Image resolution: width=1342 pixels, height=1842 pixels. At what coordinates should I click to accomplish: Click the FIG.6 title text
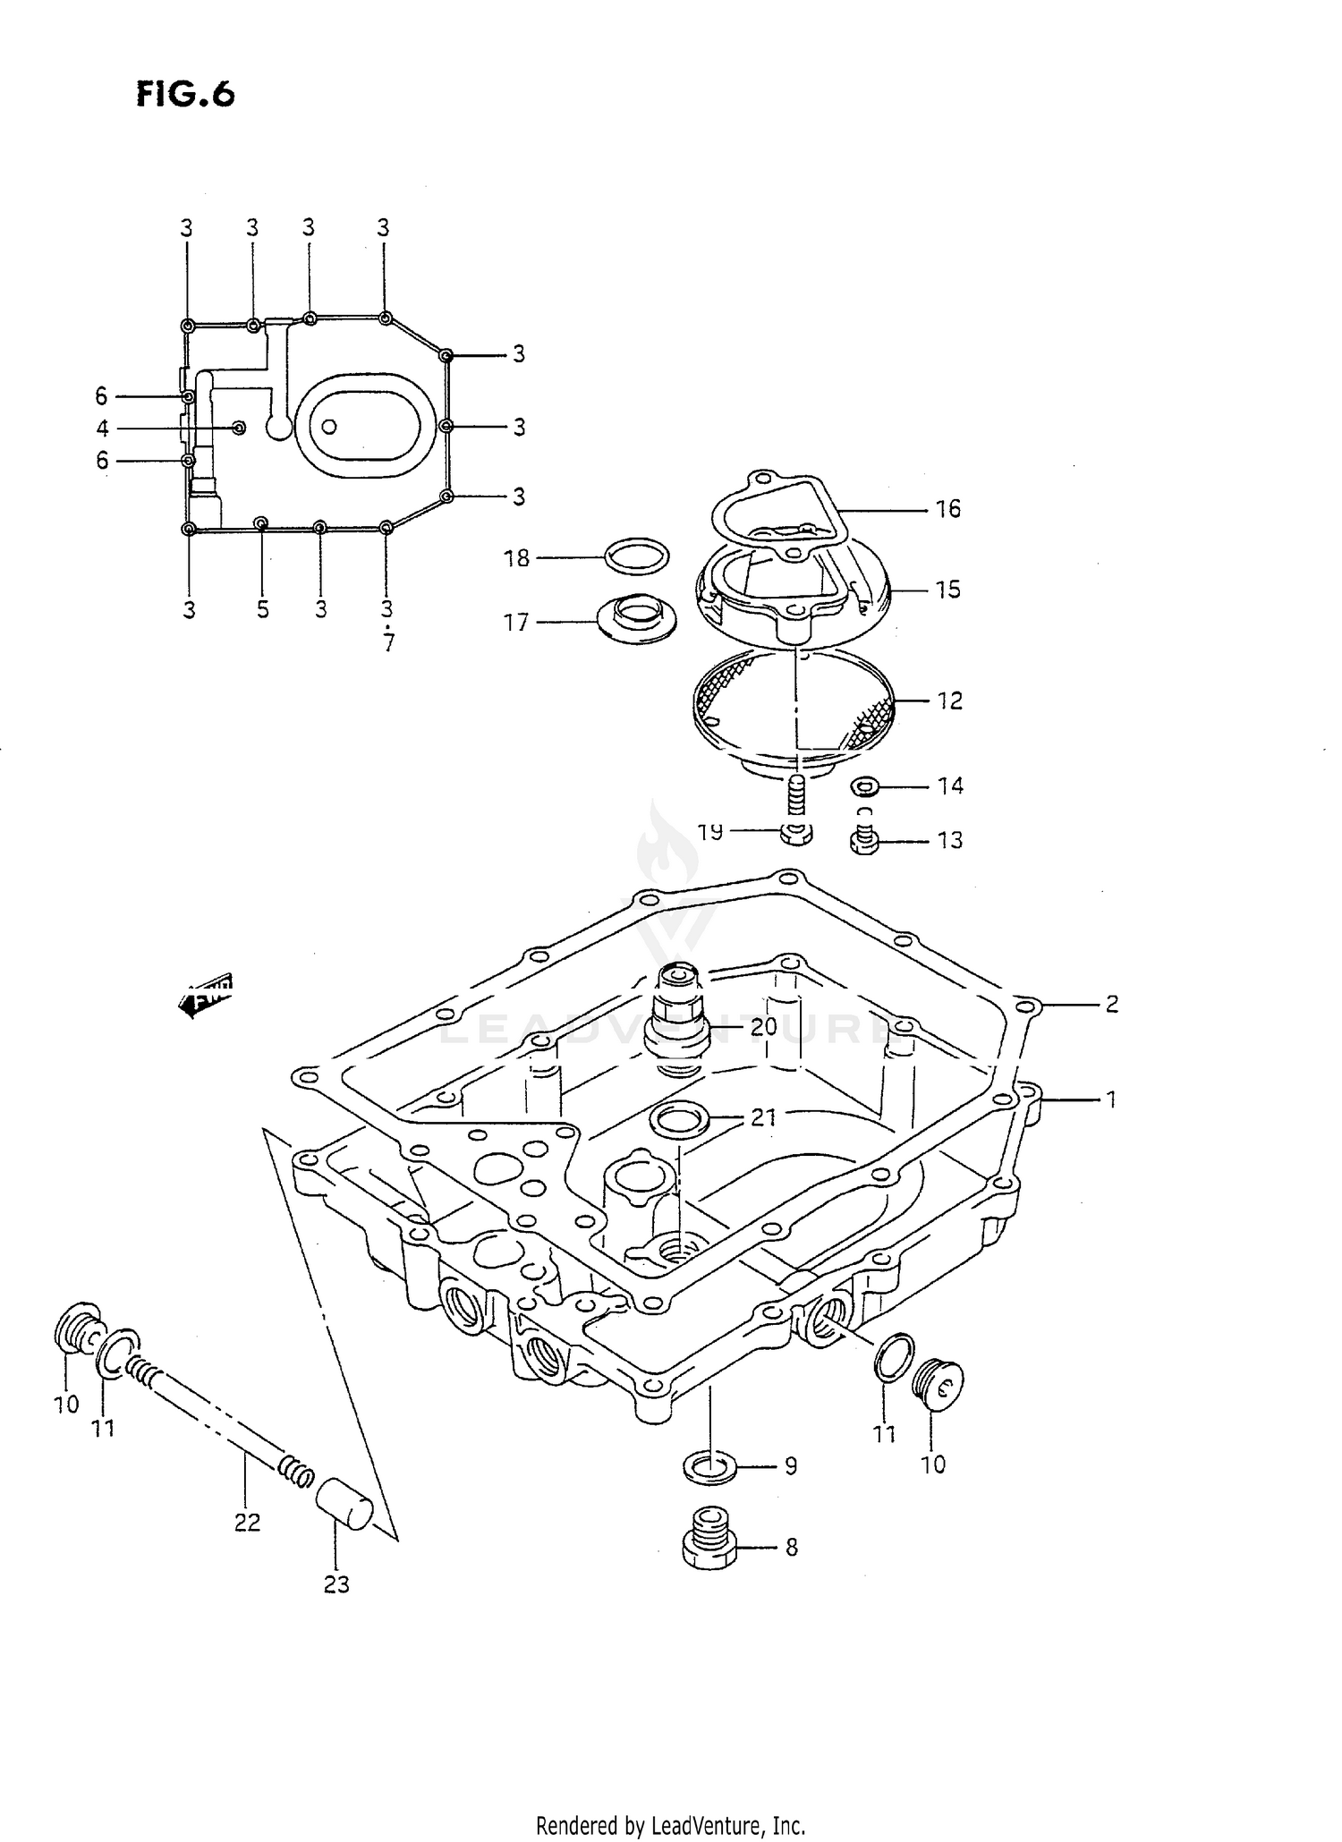185,93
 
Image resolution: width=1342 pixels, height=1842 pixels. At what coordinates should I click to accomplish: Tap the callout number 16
947,510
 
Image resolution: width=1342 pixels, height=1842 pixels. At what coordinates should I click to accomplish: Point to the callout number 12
949,701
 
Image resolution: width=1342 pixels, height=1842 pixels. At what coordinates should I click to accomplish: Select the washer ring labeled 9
709,1466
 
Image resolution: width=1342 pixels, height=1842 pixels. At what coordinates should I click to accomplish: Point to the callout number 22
248,1522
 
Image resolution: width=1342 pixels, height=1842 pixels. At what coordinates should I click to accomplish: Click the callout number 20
763,1027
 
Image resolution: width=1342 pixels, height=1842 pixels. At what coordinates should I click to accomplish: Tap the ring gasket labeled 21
678,1119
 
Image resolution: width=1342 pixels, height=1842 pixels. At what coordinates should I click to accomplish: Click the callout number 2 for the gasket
1111,1005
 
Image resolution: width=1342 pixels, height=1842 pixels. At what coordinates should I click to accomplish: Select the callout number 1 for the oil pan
1111,1099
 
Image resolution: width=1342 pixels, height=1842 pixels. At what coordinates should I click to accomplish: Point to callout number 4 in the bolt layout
103,429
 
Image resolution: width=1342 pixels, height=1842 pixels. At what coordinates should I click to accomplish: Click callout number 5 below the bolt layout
262,610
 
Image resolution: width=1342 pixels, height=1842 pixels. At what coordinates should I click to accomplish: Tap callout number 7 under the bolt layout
388,643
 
